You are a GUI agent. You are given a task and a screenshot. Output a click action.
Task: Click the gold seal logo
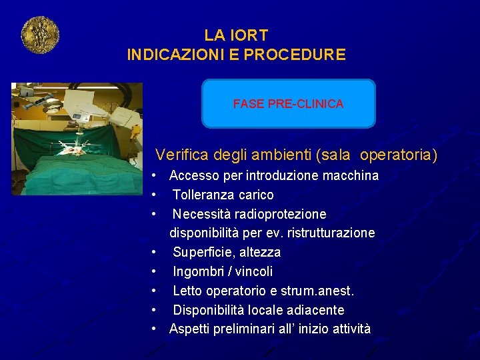point(40,35)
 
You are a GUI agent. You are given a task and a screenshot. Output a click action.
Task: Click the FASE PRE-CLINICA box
point(288,103)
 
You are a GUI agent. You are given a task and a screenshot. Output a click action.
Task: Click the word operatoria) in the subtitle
point(399,155)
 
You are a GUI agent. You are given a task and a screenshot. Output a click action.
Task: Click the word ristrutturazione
point(329,233)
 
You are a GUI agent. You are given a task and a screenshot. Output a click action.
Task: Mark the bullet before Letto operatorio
point(154,291)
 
